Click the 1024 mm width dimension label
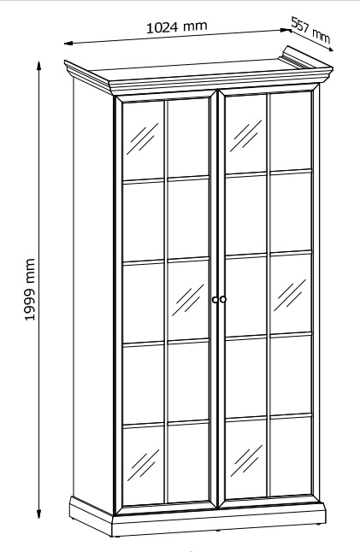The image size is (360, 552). click(x=176, y=26)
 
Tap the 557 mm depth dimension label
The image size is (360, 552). click(x=311, y=31)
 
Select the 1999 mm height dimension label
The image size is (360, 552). click(x=30, y=290)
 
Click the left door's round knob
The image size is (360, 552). click(x=215, y=300)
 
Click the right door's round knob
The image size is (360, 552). click(x=222, y=299)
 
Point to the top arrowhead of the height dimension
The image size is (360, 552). click(x=39, y=65)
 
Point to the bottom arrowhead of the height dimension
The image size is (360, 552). click(x=39, y=514)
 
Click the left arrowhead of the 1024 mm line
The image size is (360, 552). click(x=68, y=44)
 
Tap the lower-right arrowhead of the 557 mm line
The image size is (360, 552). click(x=329, y=50)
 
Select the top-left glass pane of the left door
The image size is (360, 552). click(x=144, y=142)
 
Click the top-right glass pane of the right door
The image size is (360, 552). click(x=291, y=132)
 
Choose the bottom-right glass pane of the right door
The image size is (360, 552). click(x=291, y=455)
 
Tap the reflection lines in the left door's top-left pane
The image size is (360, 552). click(x=143, y=138)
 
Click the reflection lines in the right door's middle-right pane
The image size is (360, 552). click(x=290, y=295)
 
